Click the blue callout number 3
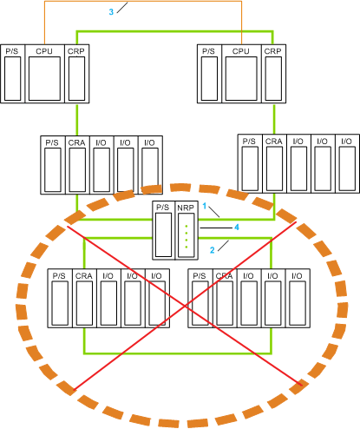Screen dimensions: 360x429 pyautogui.click(x=111, y=12)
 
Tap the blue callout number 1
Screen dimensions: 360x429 pyautogui.click(x=205, y=206)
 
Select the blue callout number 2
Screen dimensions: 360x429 pyautogui.click(x=213, y=250)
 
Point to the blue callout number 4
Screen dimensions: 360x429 pyautogui.click(x=237, y=228)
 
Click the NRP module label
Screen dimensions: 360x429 pyautogui.click(x=186, y=208)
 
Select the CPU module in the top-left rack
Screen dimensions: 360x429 pyautogui.click(x=44, y=74)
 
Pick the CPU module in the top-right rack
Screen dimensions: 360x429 pyautogui.click(x=241, y=74)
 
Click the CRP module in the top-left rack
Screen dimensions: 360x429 pyautogui.click(x=77, y=74)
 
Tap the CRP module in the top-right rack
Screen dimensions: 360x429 pyautogui.click(x=273, y=74)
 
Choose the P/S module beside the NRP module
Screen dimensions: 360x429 pyautogui.click(x=164, y=230)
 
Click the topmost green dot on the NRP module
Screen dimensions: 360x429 pyautogui.click(x=187, y=226)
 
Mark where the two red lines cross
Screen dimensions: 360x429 pyautogui.click(x=186, y=306)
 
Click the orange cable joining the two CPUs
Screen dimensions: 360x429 pyautogui.click(x=143, y=2)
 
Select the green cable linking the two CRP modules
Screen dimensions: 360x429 pyautogui.click(x=175, y=31)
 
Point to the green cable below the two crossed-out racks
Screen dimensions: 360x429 pyautogui.click(x=178, y=353)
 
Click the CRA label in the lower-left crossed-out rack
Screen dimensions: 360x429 pyautogui.click(x=84, y=276)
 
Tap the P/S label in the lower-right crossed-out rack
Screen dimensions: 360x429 pyautogui.click(x=200, y=276)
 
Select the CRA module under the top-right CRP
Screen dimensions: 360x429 pyautogui.click(x=274, y=163)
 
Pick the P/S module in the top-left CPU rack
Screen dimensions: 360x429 pyautogui.click(x=13, y=74)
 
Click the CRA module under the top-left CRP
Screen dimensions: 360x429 pyautogui.click(x=77, y=165)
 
